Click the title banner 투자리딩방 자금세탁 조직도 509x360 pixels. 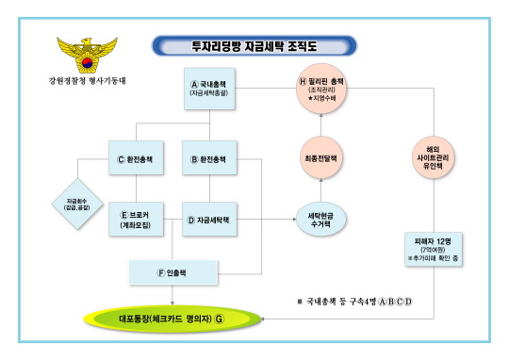click(x=254, y=45)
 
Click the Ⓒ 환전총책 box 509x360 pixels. click(x=139, y=159)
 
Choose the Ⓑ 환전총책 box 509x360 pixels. click(x=210, y=159)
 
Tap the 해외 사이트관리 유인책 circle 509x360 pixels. click(x=434, y=155)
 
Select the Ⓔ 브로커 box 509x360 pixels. click(x=139, y=219)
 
